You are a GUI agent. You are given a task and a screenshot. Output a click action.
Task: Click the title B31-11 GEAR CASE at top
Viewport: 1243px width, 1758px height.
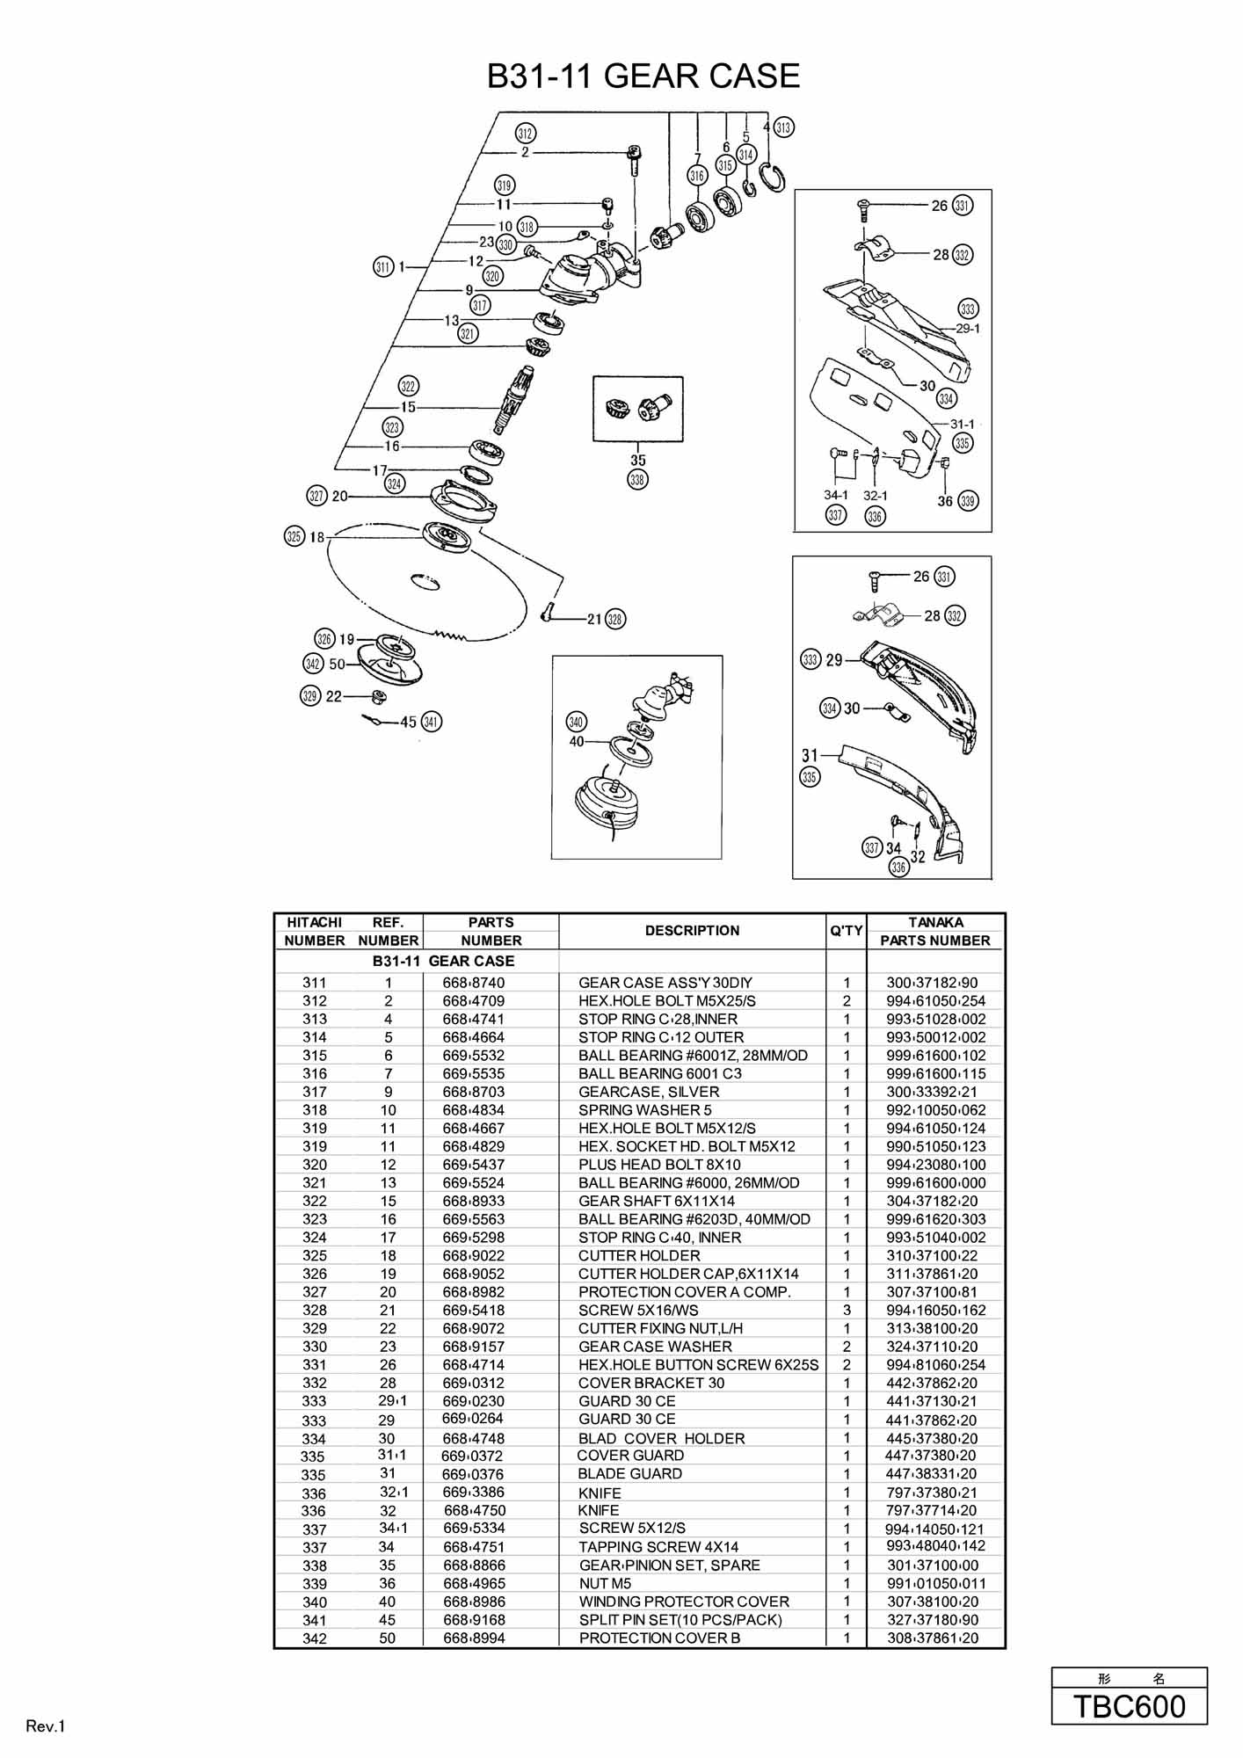tap(643, 76)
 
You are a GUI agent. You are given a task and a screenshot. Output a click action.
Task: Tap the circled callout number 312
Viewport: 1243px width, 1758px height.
tap(525, 134)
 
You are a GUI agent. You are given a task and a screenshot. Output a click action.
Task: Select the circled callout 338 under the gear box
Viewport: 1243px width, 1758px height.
tap(637, 480)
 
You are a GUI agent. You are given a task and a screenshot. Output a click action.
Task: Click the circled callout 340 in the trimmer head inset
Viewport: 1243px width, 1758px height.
tap(576, 723)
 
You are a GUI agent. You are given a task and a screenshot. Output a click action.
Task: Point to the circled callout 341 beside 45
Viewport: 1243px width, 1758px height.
tap(432, 722)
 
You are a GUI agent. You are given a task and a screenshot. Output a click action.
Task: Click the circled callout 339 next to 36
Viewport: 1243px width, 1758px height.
tap(968, 501)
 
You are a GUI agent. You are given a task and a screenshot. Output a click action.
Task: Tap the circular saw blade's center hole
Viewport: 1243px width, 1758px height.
tap(425, 580)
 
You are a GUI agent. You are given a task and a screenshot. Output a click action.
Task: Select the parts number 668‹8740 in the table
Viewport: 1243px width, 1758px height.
tap(474, 983)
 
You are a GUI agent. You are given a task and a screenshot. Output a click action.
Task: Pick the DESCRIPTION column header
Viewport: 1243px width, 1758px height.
tap(692, 931)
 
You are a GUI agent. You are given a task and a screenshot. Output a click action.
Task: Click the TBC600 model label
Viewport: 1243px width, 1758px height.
tap(1130, 1706)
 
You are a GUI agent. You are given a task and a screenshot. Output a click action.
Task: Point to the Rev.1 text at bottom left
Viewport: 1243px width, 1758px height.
tap(46, 1726)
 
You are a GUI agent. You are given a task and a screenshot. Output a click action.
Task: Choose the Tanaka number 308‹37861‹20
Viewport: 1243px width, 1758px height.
tap(933, 1638)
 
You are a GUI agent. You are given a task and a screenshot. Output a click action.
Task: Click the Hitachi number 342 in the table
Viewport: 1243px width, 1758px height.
tap(314, 1638)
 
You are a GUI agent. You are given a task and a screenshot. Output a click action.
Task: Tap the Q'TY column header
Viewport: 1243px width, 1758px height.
tap(847, 931)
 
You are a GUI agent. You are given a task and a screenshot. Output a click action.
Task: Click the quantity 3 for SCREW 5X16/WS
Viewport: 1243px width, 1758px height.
tap(847, 1311)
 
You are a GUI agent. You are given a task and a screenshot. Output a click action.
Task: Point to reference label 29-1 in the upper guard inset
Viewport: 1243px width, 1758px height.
tap(968, 329)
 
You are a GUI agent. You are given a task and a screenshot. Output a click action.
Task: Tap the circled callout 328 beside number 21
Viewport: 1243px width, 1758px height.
tap(615, 619)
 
